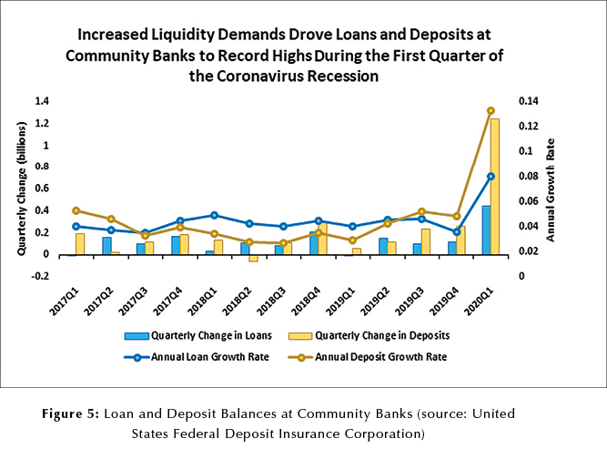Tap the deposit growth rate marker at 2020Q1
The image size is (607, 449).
[x=491, y=110]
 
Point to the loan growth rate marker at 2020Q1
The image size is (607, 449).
[x=491, y=177]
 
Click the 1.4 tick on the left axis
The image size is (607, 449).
[x=42, y=100]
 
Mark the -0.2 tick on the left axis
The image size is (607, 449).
[x=40, y=276]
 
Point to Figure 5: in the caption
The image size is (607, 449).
[x=70, y=413]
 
